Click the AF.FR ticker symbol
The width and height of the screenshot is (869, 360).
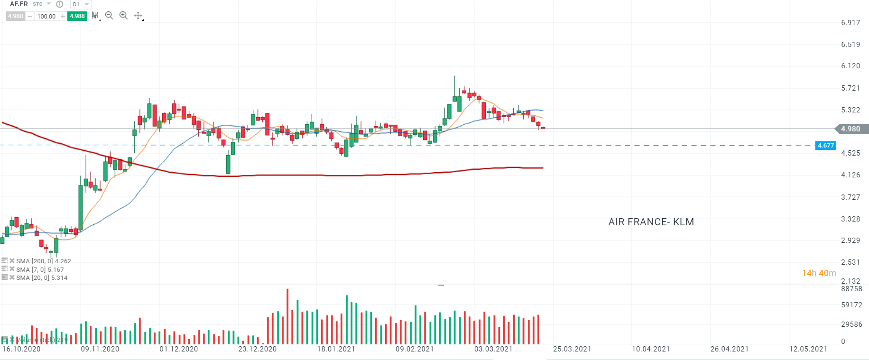(x=19, y=4)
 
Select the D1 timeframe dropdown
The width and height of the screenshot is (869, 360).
(x=80, y=4)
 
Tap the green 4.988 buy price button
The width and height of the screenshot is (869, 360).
(x=77, y=16)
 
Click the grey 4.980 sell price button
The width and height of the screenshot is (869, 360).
(x=16, y=16)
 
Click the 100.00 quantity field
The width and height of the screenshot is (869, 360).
(x=46, y=16)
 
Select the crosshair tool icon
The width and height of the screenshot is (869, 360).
(x=138, y=16)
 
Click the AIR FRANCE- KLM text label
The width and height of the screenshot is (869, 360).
(x=651, y=222)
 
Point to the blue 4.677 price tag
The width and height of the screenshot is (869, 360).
(x=825, y=146)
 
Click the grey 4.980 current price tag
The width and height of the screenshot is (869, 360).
(x=851, y=129)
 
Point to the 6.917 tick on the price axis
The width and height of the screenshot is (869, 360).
(x=851, y=23)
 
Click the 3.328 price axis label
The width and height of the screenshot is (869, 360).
(x=851, y=219)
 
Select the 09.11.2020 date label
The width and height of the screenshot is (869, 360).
(x=100, y=349)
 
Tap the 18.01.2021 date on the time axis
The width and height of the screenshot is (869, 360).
(x=336, y=349)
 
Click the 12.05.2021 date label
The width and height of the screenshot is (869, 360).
(x=808, y=349)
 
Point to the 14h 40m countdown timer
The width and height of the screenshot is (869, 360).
(x=819, y=273)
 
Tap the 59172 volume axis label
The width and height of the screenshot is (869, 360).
(x=851, y=305)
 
